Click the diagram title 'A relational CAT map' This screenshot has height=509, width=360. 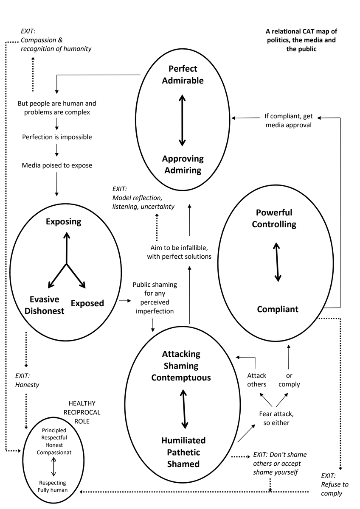[302, 40]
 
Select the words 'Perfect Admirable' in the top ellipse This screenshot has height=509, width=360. [183, 74]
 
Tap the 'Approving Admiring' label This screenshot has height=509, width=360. [183, 165]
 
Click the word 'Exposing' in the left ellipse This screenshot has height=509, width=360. [63, 221]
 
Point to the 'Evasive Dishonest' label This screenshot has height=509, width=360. [44, 305]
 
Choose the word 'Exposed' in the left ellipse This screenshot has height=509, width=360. [87, 303]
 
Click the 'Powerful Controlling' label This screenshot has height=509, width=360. [274, 218]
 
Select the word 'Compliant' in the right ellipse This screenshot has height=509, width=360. [277, 309]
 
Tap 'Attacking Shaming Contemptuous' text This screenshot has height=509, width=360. [181, 366]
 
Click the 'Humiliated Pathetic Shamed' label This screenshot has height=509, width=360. [183, 452]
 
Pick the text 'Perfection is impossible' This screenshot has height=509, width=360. [57, 137]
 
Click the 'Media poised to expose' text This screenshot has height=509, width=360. [57, 165]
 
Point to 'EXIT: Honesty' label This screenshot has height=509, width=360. [27, 380]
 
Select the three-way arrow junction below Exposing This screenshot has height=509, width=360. [66, 264]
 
